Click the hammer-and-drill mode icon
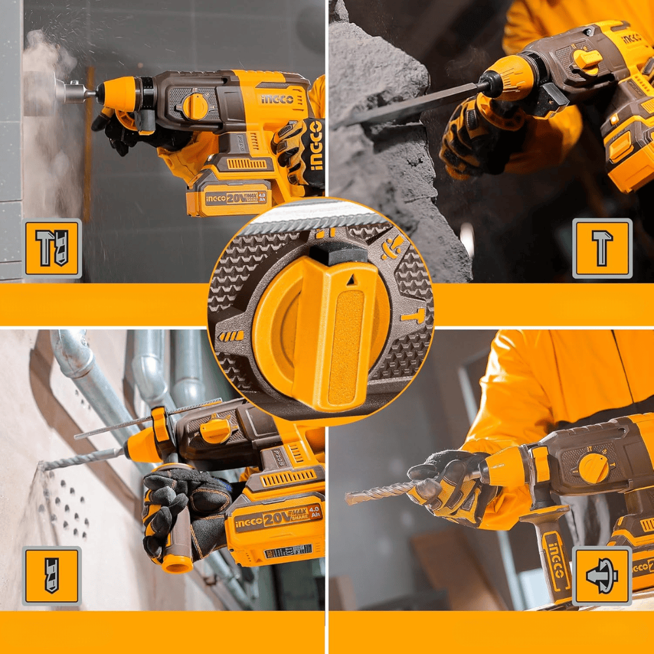(52, 248)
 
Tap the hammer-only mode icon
(602, 248)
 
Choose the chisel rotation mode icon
(602, 576)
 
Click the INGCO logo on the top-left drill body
(277, 99)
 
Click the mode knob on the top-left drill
(194, 105)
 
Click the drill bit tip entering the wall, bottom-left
(46, 466)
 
